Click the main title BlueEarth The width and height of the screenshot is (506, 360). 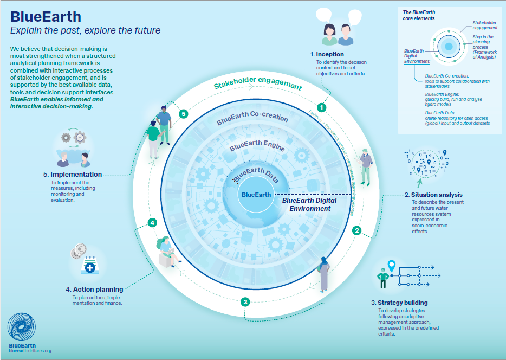coord(46,15)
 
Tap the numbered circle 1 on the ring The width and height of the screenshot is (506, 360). coord(321,108)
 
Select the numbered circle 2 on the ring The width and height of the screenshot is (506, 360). coord(356,230)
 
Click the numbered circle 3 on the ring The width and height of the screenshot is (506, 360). coord(245,302)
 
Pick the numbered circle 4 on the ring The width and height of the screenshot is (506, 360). coord(153,222)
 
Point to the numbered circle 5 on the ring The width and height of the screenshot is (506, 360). coord(184,114)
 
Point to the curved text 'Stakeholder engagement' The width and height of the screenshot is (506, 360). coord(257,85)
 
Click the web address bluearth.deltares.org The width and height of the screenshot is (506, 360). coord(30,351)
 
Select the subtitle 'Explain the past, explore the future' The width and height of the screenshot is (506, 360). coord(85,30)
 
